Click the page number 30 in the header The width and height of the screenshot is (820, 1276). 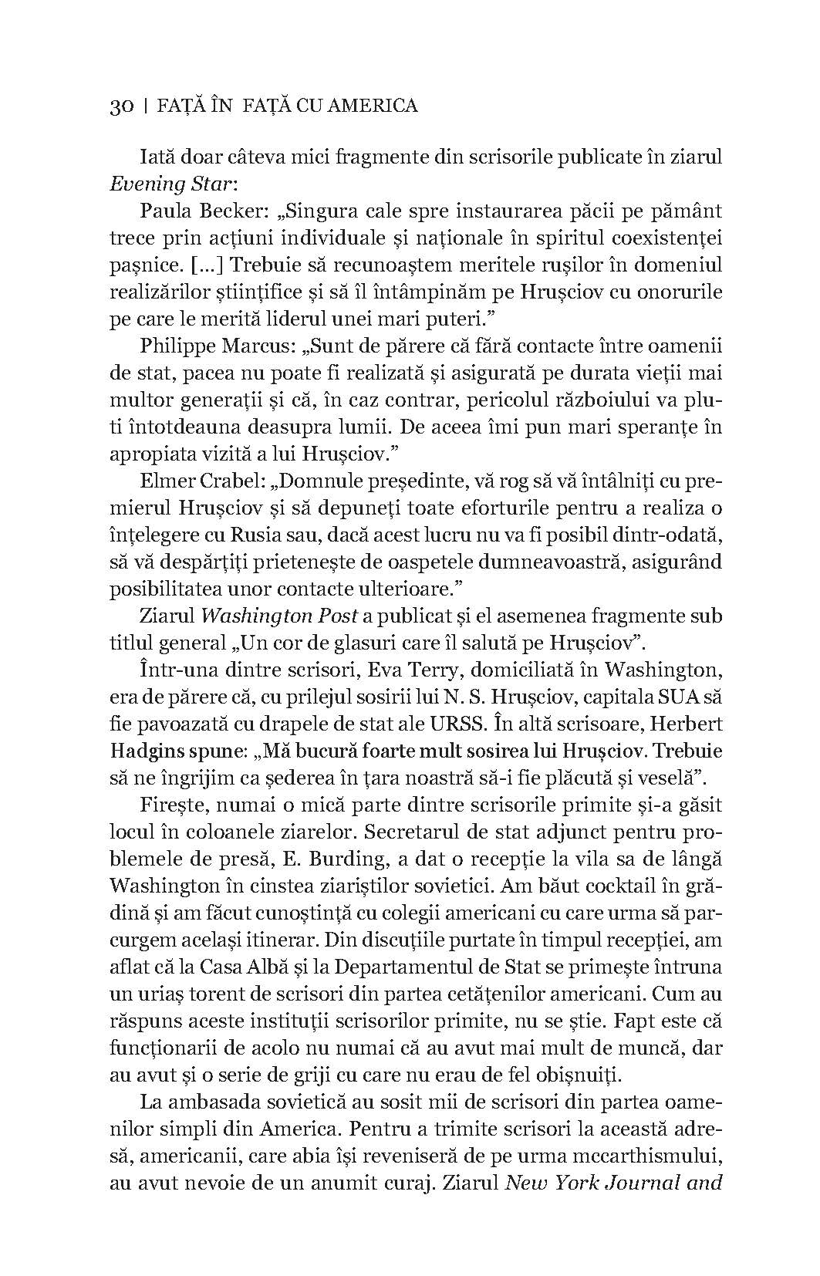click(122, 106)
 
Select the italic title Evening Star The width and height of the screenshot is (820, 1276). click(157, 185)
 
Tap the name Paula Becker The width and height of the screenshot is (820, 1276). click(195, 211)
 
